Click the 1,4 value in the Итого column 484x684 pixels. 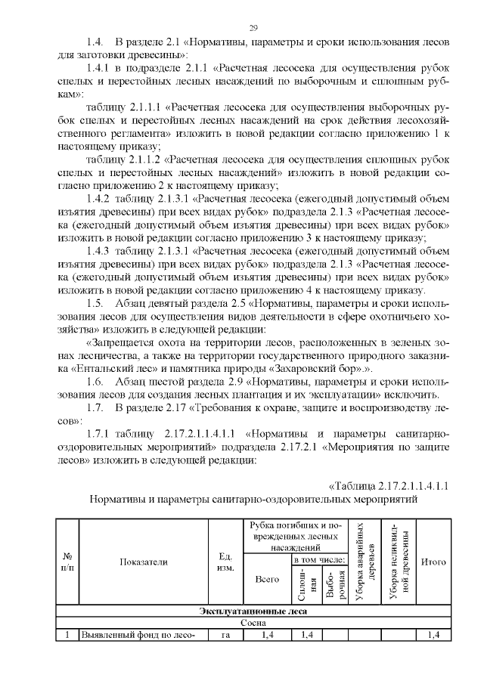pos(433,635)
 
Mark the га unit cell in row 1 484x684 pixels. pos(225,635)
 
